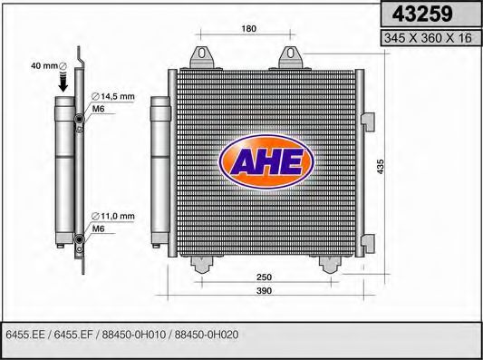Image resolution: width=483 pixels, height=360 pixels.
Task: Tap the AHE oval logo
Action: click(x=266, y=162)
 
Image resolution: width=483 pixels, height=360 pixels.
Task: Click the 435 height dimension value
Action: click(x=381, y=167)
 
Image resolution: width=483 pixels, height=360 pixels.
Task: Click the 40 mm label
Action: click(x=43, y=65)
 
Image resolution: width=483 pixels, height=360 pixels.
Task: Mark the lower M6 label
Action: click(x=100, y=229)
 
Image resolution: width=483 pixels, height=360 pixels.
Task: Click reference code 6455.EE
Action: click(x=26, y=335)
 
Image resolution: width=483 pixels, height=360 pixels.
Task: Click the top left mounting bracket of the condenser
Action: click(x=201, y=56)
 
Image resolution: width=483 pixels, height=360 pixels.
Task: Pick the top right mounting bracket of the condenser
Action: click(x=291, y=56)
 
